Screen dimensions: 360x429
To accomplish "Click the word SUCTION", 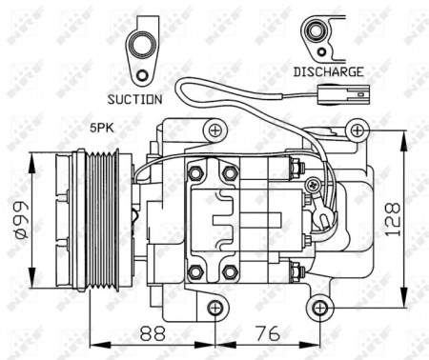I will tap(134, 98).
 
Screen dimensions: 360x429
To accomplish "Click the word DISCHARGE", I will tap(327, 71).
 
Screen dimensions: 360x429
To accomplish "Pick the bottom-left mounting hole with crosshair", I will tap(215, 307).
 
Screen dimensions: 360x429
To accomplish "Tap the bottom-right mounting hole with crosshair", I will tap(319, 307).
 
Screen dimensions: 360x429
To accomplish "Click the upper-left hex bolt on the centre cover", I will tap(195, 172).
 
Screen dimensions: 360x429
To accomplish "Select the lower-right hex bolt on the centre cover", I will tap(229, 273).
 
